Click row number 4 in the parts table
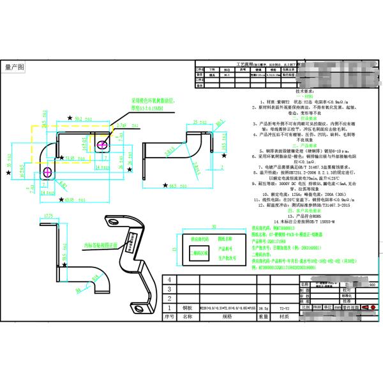[169, 280]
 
